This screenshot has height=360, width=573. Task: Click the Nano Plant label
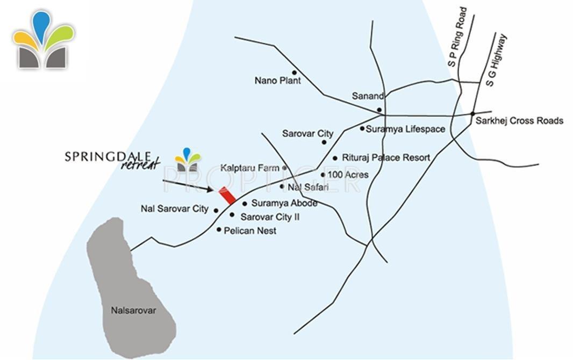click(x=277, y=81)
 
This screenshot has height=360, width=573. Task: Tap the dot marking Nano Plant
click(x=294, y=73)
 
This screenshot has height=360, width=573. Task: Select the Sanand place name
click(x=368, y=96)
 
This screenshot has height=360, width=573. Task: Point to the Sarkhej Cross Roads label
click(x=519, y=121)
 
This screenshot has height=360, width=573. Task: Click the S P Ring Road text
click(x=457, y=37)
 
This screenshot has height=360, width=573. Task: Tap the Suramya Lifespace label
click(x=405, y=129)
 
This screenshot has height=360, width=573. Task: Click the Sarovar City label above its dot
click(x=308, y=134)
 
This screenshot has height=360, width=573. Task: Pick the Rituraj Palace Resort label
click(x=386, y=158)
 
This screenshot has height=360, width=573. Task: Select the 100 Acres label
click(x=348, y=175)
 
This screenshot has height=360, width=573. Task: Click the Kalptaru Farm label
click(x=249, y=168)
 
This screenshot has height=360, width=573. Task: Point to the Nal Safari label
click(x=308, y=188)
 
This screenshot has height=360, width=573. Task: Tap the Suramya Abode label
click(x=284, y=204)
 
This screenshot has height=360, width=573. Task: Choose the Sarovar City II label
click(x=270, y=217)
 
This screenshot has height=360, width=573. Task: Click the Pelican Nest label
click(x=250, y=231)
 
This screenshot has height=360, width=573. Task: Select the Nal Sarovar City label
click(x=174, y=209)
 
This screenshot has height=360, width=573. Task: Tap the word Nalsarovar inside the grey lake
click(x=133, y=311)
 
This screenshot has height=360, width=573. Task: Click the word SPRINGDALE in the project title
click(x=108, y=156)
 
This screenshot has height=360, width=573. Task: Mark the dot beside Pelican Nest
click(x=219, y=230)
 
